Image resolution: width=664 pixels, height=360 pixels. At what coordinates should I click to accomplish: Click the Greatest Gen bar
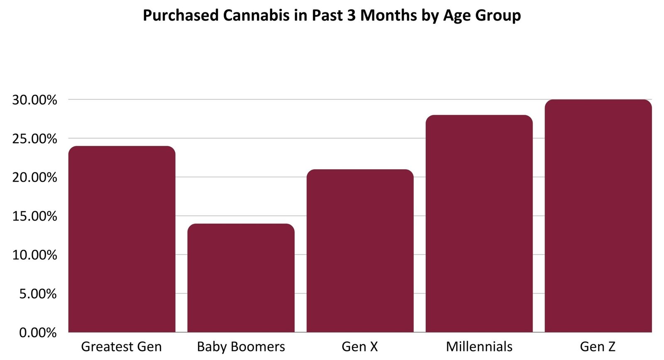point(122,239)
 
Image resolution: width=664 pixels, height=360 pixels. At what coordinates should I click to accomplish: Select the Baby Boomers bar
point(241,278)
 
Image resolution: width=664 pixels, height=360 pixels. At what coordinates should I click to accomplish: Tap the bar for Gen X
point(360,251)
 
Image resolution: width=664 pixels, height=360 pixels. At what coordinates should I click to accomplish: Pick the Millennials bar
point(479,224)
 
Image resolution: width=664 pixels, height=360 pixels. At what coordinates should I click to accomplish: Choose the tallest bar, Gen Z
point(598,216)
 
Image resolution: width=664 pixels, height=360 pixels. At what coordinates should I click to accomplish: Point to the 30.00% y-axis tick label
point(34,100)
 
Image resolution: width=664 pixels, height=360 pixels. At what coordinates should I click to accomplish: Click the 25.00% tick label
point(34,139)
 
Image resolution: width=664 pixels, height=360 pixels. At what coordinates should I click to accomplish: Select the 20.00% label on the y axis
point(34,178)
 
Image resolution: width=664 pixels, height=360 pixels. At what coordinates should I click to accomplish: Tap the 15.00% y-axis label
point(34,216)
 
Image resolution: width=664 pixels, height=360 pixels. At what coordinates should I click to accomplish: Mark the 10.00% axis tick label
point(34,255)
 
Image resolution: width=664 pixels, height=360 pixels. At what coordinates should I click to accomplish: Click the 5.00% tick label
point(38,294)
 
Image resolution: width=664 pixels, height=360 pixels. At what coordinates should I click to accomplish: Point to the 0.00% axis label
point(38,332)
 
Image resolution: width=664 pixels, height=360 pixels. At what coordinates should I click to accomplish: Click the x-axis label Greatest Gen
point(121,346)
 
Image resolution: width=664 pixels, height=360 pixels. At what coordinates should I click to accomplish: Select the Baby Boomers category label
point(241,346)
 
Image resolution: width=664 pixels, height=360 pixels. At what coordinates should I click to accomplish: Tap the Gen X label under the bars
point(360,346)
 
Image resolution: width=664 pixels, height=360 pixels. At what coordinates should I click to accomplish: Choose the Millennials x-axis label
point(479,346)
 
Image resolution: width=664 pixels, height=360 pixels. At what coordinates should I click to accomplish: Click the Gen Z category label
point(598,346)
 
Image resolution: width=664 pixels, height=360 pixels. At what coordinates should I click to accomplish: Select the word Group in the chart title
point(498,16)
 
